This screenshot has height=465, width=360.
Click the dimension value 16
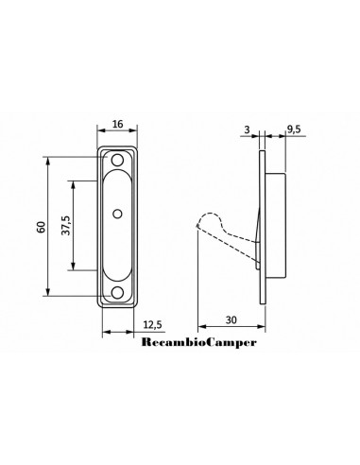(x=117, y=124)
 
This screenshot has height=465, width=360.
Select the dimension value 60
(x=42, y=227)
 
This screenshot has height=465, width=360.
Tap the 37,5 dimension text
(x=66, y=226)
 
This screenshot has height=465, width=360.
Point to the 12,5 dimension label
(x=152, y=324)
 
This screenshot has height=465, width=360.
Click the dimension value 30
(x=231, y=320)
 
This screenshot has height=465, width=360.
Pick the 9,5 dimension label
(x=294, y=129)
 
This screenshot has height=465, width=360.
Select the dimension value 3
(x=247, y=129)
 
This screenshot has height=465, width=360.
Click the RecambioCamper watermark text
(x=199, y=342)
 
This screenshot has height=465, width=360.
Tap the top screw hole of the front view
(x=117, y=161)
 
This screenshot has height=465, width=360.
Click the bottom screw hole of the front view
(x=117, y=293)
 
